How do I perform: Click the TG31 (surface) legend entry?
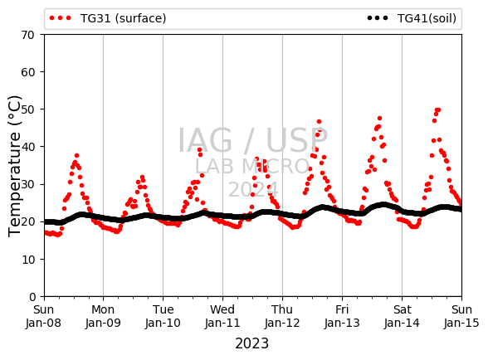108,18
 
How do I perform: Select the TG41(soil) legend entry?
412,18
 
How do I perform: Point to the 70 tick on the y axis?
27,35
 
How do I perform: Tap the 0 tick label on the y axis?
32,297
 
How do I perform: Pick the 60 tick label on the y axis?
27,72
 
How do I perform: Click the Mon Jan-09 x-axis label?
103,316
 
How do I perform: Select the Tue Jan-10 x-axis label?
163,316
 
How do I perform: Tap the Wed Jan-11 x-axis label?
222,316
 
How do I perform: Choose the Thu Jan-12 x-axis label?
282,316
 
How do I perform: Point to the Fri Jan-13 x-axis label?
342,316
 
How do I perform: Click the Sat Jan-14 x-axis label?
402,316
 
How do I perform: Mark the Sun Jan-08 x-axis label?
43,316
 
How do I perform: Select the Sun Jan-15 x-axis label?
461,316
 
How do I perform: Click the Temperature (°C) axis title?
14,166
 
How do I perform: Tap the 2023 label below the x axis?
251,343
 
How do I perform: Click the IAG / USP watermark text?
252,141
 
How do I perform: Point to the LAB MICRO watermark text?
252,166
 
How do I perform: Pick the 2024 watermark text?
253,189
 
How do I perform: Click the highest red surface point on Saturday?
437,109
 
